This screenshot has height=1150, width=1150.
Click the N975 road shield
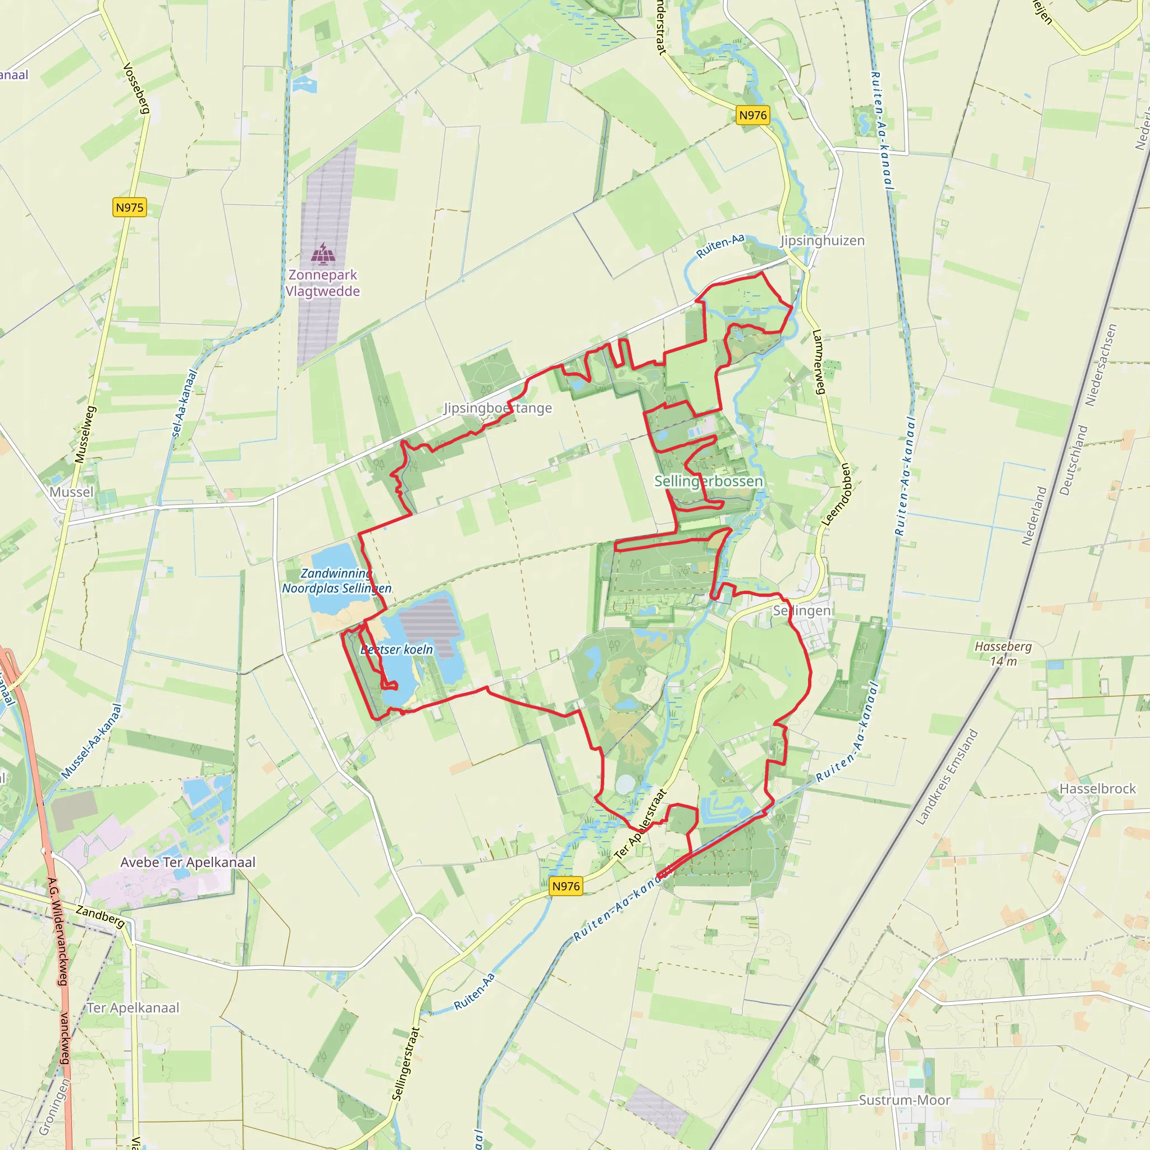[129, 208]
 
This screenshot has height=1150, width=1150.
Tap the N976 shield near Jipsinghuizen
[753, 116]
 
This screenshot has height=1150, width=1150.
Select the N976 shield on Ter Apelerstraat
[565, 886]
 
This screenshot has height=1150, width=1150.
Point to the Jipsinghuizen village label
[822, 240]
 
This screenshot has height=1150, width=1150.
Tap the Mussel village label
[71, 492]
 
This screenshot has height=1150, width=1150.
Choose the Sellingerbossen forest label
[708, 481]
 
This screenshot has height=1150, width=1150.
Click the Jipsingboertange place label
[498, 408]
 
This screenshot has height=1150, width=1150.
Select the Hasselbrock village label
[1098, 789]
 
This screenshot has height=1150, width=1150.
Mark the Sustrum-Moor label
[904, 1100]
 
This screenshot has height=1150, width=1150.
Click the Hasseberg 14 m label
[1003, 654]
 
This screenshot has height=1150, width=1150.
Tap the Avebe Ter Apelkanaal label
[188, 862]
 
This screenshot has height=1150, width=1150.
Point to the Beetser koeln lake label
[397, 650]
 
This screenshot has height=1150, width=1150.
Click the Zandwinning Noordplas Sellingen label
[337, 581]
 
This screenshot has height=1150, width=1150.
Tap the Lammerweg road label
[819, 362]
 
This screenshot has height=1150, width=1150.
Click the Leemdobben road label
[837, 494]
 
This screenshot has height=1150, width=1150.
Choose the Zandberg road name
[100, 916]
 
